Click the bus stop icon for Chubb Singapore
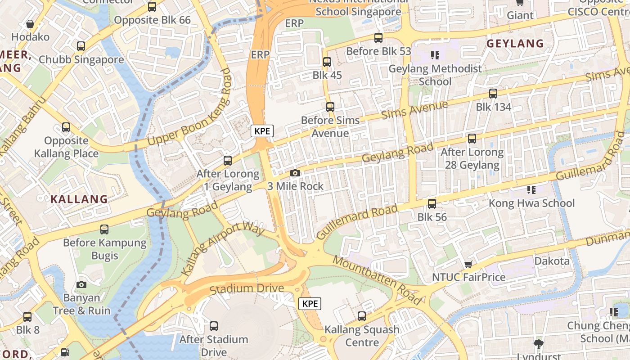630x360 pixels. point(81,46)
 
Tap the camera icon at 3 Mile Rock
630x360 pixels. point(295,173)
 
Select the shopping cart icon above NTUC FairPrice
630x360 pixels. point(468,264)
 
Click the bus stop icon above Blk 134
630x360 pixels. point(493,94)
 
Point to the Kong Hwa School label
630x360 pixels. point(531,203)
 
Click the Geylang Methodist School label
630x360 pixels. point(435,75)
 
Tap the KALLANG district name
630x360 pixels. point(79,199)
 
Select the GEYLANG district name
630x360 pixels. point(515,44)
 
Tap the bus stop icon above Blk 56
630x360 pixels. point(432,204)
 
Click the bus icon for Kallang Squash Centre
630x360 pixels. point(362,316)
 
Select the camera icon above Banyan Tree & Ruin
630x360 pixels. point(81,284)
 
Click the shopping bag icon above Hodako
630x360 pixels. point(30,24)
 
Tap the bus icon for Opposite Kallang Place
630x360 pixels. point(66,127)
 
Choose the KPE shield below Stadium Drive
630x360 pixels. point(310,303)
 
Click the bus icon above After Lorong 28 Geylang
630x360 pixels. point(472,139)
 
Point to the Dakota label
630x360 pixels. point(552,261)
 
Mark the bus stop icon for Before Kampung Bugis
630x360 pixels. point(104,229)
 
